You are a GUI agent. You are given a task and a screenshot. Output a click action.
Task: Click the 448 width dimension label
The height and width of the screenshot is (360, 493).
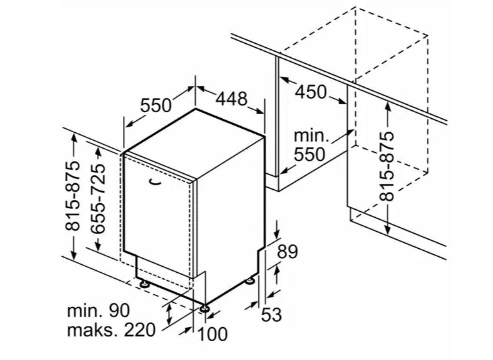coord(232,99)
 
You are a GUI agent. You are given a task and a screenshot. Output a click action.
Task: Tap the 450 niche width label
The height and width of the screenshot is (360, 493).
coord(311,92)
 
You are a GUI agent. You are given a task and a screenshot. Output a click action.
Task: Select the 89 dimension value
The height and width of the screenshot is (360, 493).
coord(288,252)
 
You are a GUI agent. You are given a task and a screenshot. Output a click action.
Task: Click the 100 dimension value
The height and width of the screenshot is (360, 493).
coord(212,334)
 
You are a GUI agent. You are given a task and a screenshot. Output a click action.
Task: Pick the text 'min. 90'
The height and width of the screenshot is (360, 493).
coord(99,311)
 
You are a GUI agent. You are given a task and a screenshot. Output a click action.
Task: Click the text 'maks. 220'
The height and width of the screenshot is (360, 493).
coord(111,330)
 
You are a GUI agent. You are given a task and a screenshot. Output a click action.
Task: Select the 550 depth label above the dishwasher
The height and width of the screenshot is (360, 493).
coord(156,105)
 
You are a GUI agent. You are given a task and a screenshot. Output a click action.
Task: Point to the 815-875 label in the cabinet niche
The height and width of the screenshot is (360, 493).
coord(386,166)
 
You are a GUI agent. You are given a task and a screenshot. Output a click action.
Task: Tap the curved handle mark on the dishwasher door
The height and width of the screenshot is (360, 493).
coord(155,182)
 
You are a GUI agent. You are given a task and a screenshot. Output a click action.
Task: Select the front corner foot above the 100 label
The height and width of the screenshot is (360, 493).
coord(205,307)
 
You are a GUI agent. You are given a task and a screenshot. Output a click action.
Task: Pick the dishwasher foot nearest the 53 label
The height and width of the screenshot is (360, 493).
coord(251,280)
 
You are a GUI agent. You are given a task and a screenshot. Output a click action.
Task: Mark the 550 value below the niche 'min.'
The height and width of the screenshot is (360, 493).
coord(310,154)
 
